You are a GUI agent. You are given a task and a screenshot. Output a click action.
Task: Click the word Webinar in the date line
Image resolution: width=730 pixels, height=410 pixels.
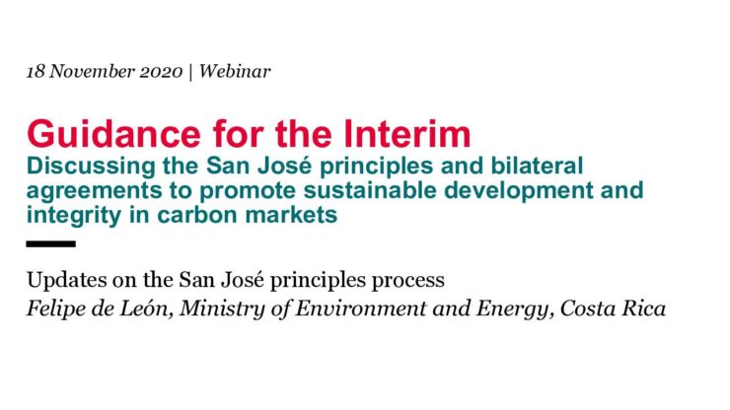[x=235, y=71]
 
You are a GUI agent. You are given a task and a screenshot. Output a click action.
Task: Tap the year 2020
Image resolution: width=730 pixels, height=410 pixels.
[x=161, y=72]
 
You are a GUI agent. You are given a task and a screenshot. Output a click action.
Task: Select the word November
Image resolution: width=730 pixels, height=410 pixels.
[x=92, y=71]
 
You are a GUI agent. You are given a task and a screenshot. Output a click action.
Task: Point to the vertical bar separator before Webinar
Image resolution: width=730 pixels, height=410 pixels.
[x=190, y=72]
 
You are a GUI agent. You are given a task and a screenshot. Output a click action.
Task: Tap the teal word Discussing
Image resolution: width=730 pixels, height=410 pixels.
[x=91, y=167]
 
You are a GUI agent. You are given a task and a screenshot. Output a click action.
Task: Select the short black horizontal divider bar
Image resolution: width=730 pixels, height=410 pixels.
[x=50, y=243]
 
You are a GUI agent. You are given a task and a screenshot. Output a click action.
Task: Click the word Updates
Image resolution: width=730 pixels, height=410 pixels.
[x=65, y=280]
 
